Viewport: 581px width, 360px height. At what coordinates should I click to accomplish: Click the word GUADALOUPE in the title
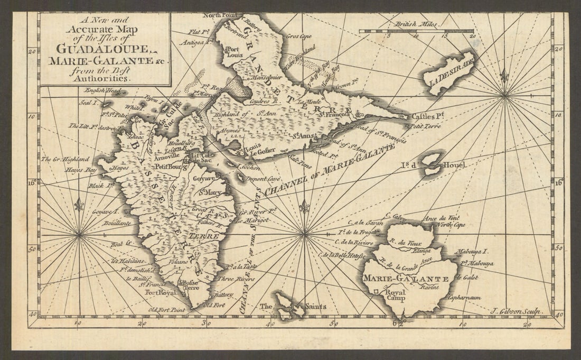[104, 49]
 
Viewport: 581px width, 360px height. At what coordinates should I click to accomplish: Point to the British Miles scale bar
[416, 31]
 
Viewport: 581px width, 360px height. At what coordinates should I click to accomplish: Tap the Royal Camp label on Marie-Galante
[395, 294]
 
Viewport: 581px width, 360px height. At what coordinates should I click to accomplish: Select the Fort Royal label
[160, 292]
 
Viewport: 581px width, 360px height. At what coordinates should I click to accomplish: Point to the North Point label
[220, 16]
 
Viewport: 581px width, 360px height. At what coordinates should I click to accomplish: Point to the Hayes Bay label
[81, 171]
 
